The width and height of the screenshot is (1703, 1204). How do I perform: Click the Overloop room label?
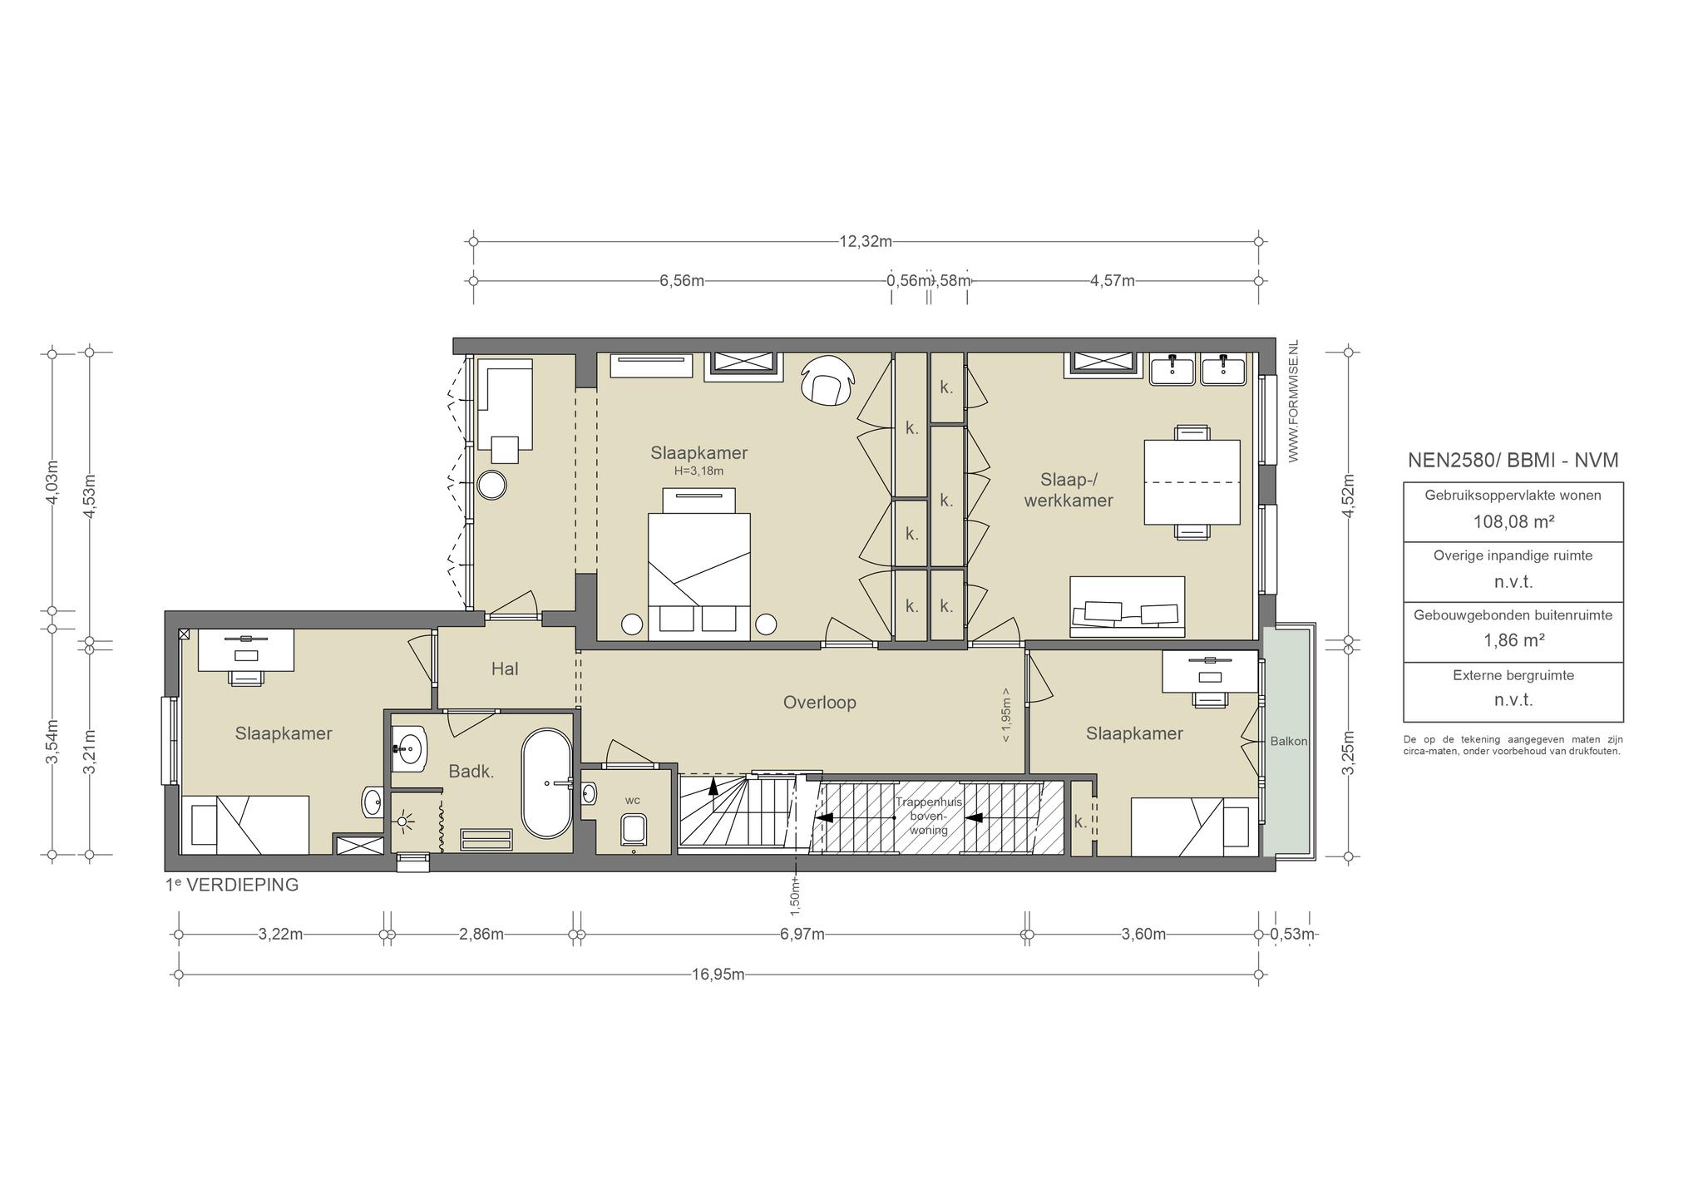tap(819, 703)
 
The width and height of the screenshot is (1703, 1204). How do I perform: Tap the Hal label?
tap(505, 669)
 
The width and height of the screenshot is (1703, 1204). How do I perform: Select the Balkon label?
tap(1289, 741)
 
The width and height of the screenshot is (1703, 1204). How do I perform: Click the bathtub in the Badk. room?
tap(546, 783)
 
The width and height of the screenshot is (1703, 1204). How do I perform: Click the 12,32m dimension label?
tap(866, 242)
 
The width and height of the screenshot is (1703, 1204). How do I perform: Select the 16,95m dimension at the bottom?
tap(718, 975)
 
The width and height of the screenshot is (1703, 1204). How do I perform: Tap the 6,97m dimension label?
tap(802, 935)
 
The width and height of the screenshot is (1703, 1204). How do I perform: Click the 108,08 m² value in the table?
tap(1513, 522)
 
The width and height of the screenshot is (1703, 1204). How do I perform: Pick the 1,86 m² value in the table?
tap(1513, 640)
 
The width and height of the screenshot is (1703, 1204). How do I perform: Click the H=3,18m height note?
tap(698, 471)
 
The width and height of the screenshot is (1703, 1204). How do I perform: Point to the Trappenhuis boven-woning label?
tap(928, 816)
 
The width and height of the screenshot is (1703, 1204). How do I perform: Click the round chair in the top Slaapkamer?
tap(828, 381)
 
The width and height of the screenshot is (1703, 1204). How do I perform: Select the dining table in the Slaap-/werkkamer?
tap(1192, 482)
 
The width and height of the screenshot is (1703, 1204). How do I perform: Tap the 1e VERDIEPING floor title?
tap(232, 885)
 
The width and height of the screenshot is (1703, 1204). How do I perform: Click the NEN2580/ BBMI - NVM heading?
tap(1513, 461)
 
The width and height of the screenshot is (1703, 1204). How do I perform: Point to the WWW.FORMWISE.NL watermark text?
tap(1293, 401)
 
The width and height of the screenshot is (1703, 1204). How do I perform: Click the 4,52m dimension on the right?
tap(1349, 496)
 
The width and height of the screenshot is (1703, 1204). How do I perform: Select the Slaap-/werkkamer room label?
tap(1069, 490)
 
